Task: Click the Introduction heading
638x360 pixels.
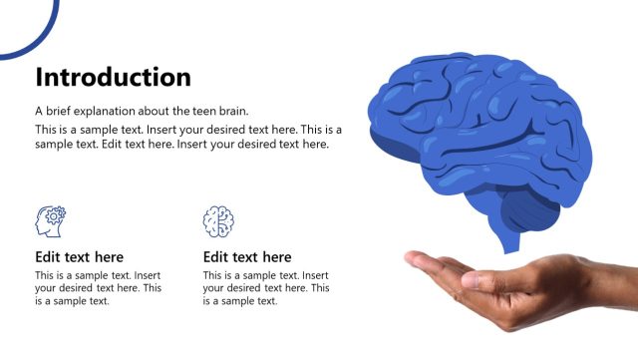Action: pos(113,77)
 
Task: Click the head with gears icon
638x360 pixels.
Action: pos(51,220)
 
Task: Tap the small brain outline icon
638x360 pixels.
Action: pos(218,220)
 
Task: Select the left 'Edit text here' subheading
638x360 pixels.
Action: pos(80,257)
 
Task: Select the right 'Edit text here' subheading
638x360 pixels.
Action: pos(247,257)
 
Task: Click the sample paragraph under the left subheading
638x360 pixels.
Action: pos(98,288)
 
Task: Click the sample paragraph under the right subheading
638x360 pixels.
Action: pos(265,288)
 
